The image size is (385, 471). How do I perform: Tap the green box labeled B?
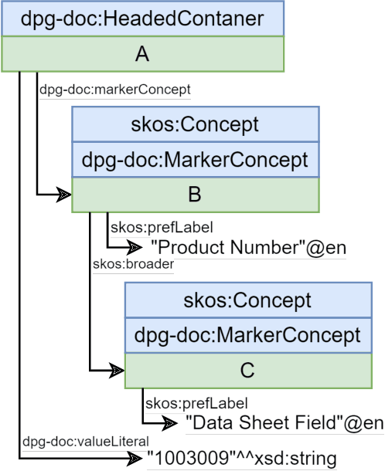point(196,195)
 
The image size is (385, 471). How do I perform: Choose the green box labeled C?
point(247,370)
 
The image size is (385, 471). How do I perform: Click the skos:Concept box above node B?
point(196,124)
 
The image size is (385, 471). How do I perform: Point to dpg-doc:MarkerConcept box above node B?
point(196,160)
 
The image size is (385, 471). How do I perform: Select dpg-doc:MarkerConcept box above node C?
point(247,335)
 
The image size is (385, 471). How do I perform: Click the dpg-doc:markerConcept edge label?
point(114,90)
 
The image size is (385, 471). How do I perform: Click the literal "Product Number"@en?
point(247,248)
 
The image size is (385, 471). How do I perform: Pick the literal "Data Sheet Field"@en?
point(284,422)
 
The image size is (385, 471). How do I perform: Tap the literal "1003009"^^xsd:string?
point(242,459)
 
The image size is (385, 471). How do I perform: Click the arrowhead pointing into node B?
point(63,195)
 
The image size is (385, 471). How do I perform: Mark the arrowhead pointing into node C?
point(115,371)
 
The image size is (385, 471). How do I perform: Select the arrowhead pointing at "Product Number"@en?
point(135,248)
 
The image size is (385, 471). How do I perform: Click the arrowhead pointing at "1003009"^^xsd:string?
point(135,459)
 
